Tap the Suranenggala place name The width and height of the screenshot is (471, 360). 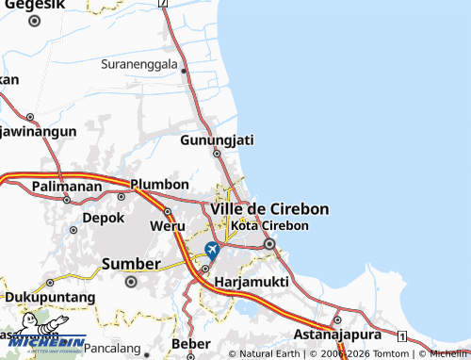coord(140,65)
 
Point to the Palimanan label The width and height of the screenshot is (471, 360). coord(66,187)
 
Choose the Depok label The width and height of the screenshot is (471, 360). coord(104,217)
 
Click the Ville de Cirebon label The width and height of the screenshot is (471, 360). coord(269,208)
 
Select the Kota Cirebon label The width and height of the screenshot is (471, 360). coord(269,226)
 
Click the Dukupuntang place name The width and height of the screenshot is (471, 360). coord(49,297)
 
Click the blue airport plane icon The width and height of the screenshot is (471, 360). coord(212,251)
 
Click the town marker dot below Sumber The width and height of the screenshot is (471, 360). coord(131,281)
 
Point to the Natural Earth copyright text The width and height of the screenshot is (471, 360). coord(266,354)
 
